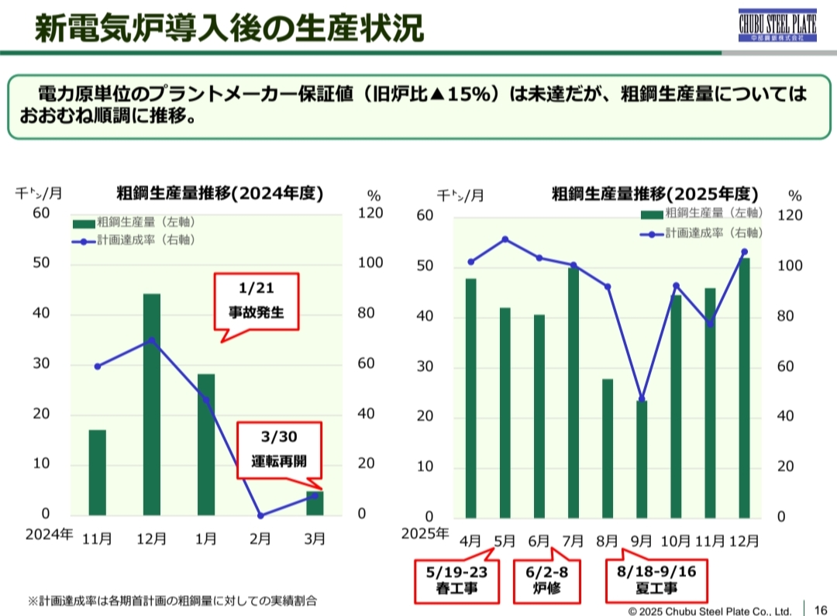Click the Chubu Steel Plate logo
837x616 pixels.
tap(777, 27)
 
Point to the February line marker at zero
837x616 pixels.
tap(260, 515)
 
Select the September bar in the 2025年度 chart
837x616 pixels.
tap(642, 459)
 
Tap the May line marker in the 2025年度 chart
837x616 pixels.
tap(505, 239)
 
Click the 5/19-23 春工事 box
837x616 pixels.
tap(457, 582)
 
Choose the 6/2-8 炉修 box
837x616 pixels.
tap(547, 582)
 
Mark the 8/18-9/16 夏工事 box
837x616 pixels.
tap(656, 582)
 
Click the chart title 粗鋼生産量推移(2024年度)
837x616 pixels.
tap(219, 193)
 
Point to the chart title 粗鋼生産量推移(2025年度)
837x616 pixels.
tap(655, 193)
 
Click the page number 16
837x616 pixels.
tap(821, 608)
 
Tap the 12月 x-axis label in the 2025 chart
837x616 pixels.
tap(745, 540)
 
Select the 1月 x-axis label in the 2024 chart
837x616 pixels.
tap(205, 539)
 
